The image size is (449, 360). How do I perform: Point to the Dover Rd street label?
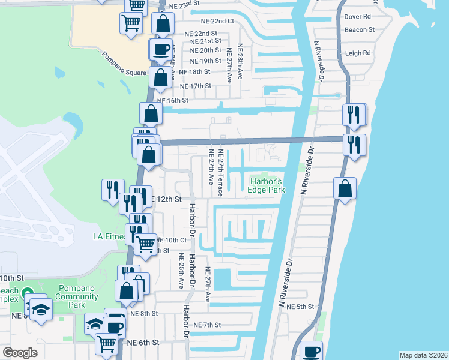coord(357,17)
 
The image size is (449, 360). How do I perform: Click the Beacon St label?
coord(359,29)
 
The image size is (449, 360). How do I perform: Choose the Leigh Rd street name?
coord(358,53)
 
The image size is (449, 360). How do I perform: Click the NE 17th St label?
coord(191,86)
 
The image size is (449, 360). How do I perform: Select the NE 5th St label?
coord(301,307)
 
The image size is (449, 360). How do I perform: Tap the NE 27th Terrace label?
coord(221,173)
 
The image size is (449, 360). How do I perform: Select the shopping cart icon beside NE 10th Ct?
coord(145,244)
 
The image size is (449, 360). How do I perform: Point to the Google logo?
coord(20,353)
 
